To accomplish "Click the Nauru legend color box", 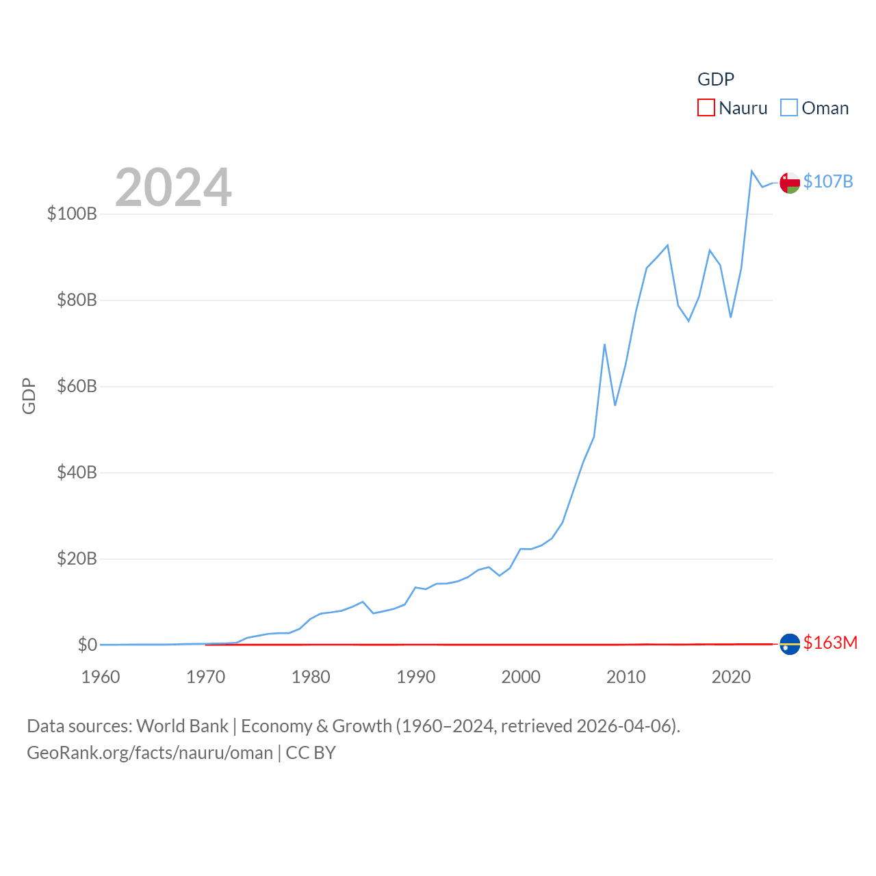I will pos(706,108).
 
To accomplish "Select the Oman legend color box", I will pos(789,108).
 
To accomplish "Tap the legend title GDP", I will pos(716,79).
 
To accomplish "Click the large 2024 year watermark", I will pos(173,188).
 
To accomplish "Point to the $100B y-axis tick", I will pos(72,214).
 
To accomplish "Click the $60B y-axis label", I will pos(77,386).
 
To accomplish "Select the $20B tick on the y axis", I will pos(77,558).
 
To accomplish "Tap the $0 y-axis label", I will pos(87,645).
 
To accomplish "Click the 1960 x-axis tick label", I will pos(101,677).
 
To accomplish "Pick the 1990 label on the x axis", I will pos(416,677).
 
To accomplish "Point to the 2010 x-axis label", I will pos(626,677).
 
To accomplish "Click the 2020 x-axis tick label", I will pos(732,677).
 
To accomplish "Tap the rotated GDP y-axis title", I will pos(29,396).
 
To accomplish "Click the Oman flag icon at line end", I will pos(790,183).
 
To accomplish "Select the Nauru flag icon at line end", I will pos(790,644).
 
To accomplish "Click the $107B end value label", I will pos(828,181).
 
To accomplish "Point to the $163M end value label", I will pos(830,643).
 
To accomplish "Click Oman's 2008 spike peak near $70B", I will pos(604,344).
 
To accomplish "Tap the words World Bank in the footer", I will pos(182,726).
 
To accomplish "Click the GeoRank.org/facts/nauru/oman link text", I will pos(150,753).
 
